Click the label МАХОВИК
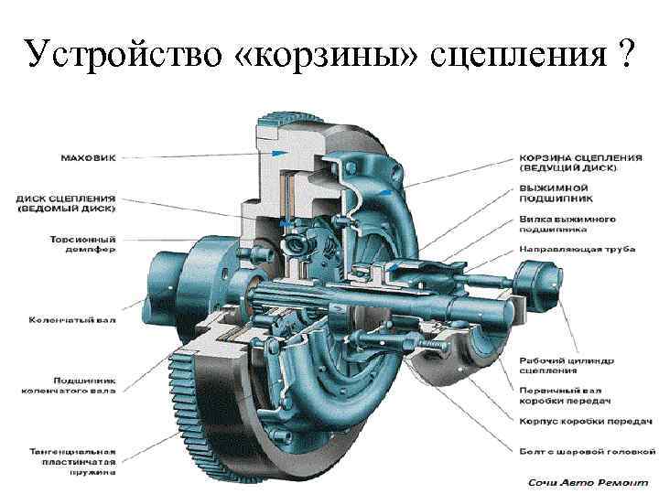tap(88, 157)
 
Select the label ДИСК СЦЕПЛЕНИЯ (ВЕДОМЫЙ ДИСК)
tap(65, 202)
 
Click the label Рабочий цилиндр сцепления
tap(560, 364)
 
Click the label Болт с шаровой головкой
tap(587, 450)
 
